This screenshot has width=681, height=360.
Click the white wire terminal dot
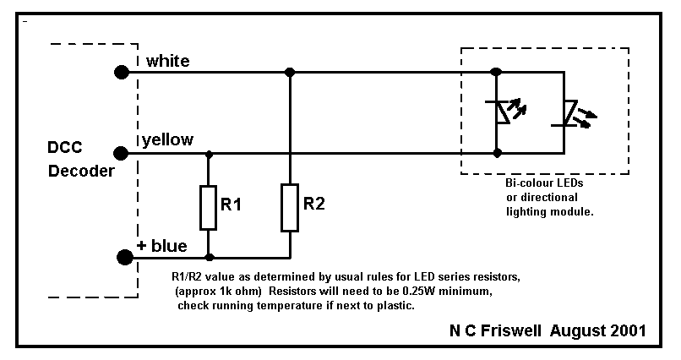122,72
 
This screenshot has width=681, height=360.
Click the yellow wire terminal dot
122,153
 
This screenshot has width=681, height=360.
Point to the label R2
314,205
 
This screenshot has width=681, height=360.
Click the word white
167,61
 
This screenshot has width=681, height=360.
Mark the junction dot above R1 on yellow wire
209,154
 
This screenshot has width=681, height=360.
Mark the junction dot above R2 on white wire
289,72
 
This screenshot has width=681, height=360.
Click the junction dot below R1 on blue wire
209,257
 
